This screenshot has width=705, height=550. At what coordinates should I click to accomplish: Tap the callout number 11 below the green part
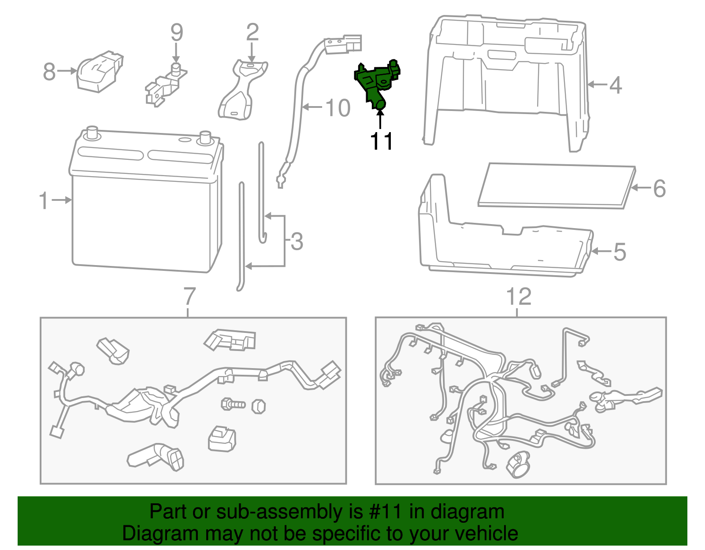[x=381, y=141]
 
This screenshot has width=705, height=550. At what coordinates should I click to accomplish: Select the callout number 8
[x=49, y=71]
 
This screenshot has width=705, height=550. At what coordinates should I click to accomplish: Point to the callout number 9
[x=176, y=33]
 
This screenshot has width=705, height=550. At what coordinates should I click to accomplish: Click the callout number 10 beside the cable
[x=338, y=108]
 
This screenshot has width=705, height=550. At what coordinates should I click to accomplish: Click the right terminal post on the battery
[x=205, y=137]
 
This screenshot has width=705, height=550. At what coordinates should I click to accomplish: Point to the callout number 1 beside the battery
[x=43, y=200]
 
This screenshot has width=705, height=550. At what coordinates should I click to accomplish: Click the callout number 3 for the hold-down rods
[x=297, y=242]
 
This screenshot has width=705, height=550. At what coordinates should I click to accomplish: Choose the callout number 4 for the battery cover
[x=616, y=85]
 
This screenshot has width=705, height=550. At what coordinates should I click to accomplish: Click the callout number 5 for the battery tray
[x=620, y=252]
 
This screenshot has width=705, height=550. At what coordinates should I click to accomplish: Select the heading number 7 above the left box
[x=189, y=297]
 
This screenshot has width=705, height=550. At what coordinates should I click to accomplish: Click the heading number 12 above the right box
[x=519, y=297]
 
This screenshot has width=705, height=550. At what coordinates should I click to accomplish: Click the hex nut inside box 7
[x=259, y=406]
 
